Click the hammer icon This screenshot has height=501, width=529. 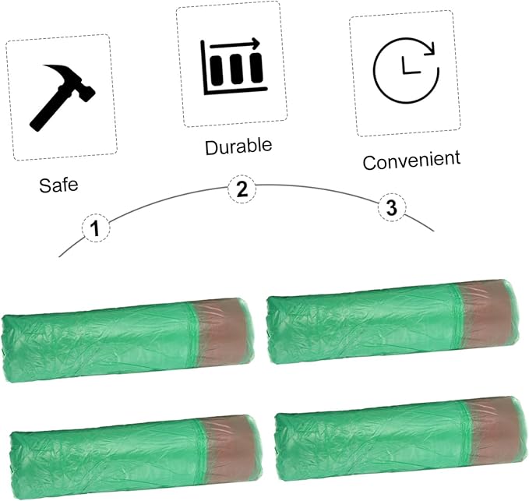(x=62, y=97)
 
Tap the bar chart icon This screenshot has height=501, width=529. (x=233, y=67)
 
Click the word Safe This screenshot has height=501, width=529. (x=58, y=185)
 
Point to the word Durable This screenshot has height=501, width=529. (x=238, y=146)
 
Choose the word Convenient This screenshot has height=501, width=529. (x=411, y=160)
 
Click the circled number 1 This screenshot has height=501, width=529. (x=96, y=228)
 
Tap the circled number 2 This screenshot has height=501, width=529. (x=242, y=189)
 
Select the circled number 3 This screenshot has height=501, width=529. (x=392, y=207)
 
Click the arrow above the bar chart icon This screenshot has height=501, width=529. (x=235, y=44)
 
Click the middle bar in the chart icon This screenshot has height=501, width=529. (x=236, y=70)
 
